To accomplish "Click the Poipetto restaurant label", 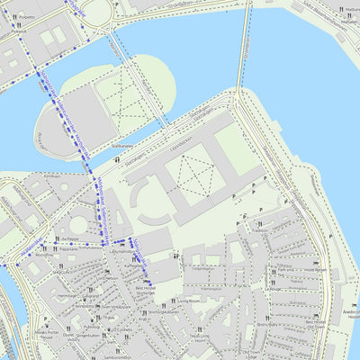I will (x=27, y=16).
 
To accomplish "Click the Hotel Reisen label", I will (x=315, y=269).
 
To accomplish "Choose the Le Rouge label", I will (x=273, y=289).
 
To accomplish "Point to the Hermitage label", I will (x=67, y=294).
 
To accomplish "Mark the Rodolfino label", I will (x=45, y=256).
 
